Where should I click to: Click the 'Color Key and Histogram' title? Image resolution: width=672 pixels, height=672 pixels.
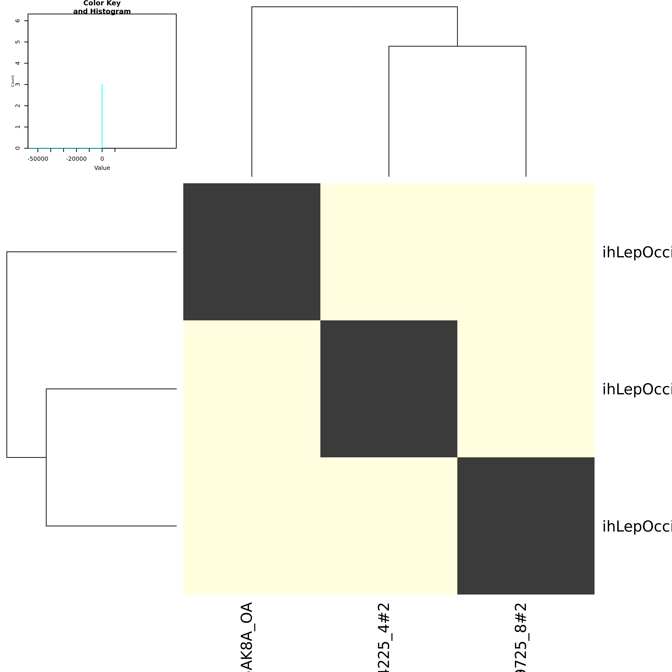(x=102, y=7)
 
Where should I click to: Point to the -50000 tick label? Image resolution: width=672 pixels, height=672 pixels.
(x=38, y=159)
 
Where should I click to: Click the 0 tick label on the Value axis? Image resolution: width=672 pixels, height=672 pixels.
(x=102, y=159)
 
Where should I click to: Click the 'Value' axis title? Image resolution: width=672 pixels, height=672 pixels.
(x=102, y=168)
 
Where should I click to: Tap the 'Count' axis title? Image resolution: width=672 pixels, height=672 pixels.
(x=13, y=81)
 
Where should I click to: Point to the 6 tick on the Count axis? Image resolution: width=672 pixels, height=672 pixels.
(x=18, y=21)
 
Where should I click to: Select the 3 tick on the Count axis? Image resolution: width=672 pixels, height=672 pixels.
(x=18, y=84)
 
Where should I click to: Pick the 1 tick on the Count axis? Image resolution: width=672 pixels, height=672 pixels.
(x=18, y=127)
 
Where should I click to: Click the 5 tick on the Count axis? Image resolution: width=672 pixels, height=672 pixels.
(x=18, y=42)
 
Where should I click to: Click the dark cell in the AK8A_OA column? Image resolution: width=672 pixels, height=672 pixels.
(x=252, y=252)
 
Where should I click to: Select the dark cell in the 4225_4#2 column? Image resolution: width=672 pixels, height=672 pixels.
(x=388, y=388)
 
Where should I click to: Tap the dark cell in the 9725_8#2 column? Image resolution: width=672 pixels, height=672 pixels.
(x=525, y=525)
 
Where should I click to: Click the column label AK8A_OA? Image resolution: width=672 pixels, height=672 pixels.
(x=246, y=637)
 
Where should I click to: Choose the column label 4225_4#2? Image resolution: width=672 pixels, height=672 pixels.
(x=384, y=637)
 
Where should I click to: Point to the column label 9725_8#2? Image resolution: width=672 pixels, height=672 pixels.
(x=521, y=637)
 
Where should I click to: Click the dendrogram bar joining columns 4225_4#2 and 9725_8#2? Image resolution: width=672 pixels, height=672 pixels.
(x=457, y=46)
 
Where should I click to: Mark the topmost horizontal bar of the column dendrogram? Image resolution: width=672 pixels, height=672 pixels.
(x=354, y=7)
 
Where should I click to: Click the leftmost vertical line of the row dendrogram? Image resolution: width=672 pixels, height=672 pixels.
(x=7, y=354)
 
